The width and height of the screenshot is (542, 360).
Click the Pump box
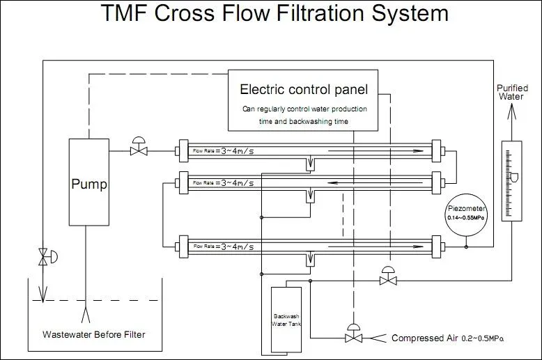88,183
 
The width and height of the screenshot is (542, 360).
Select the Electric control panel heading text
304,89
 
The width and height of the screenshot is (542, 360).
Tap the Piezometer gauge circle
467,213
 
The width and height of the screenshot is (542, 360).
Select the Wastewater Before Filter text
94,335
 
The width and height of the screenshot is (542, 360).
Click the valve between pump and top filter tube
138,149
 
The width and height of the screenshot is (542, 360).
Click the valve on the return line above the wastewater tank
45,256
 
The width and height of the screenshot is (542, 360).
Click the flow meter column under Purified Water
511,179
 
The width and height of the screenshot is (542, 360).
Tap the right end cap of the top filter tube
437,150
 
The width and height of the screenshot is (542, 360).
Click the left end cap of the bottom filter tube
183,246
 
